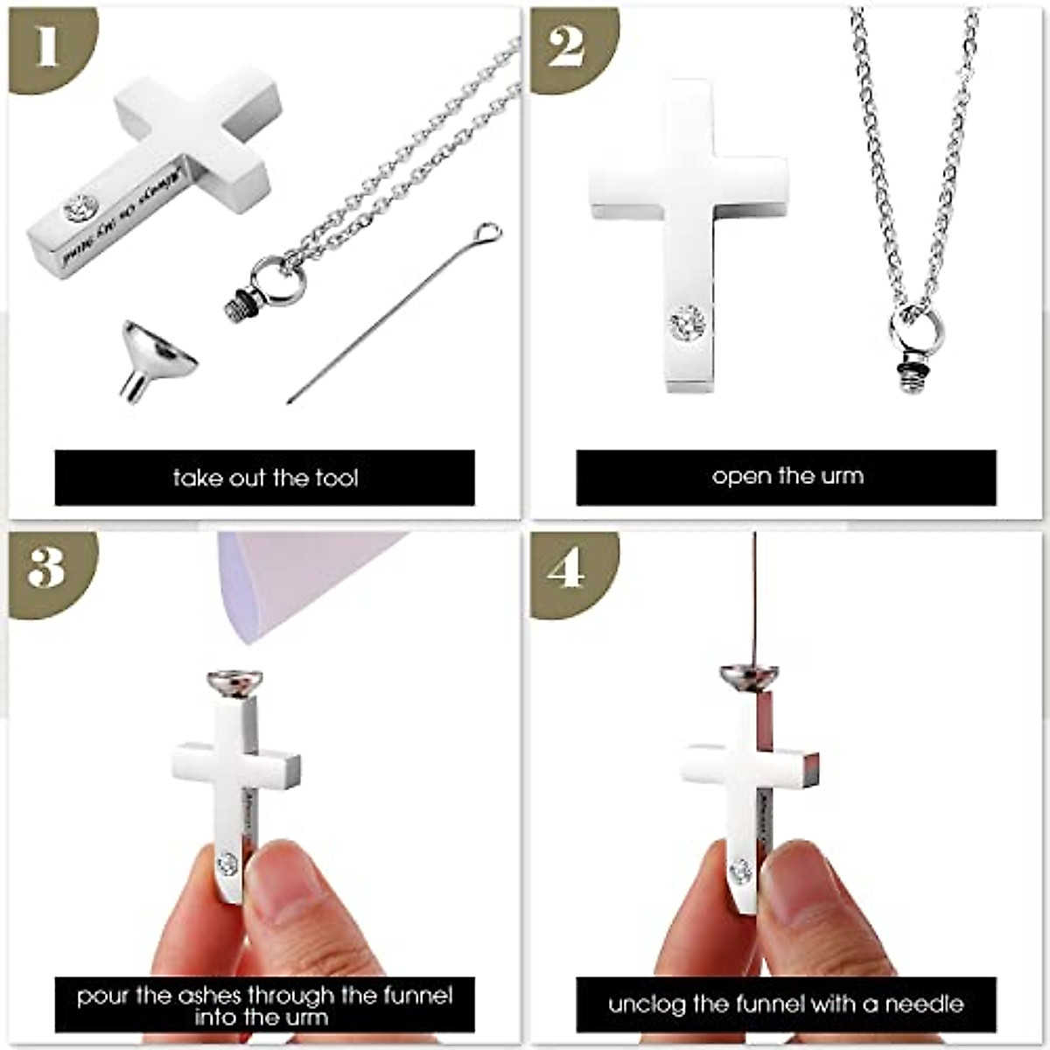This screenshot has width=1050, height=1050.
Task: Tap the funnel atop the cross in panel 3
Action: [232, 682]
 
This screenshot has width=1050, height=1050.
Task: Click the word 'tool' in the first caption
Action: [336, 478]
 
